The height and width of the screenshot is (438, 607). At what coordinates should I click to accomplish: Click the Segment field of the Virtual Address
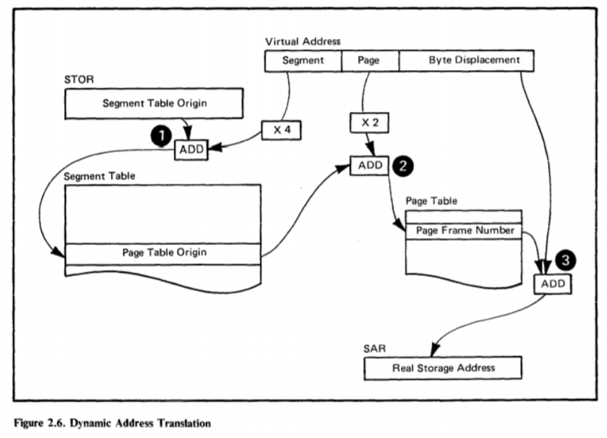303,61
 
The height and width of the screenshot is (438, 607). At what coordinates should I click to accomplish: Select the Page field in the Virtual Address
369,61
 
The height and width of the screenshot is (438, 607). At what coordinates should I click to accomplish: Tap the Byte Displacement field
474,61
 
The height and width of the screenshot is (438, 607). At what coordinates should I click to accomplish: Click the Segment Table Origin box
154,104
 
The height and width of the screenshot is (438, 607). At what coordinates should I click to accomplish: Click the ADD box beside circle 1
191,149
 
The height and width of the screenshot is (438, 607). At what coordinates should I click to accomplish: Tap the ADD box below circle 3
553,283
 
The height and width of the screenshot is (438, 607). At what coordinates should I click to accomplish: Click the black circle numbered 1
162,136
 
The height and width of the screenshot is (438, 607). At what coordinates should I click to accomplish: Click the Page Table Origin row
163,253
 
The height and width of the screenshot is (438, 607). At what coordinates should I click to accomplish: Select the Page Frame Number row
464,231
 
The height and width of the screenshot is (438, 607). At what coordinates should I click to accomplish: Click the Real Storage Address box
443,368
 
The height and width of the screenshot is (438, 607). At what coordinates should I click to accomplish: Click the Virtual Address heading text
302,43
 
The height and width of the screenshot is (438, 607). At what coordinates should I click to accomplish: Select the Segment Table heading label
99,176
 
